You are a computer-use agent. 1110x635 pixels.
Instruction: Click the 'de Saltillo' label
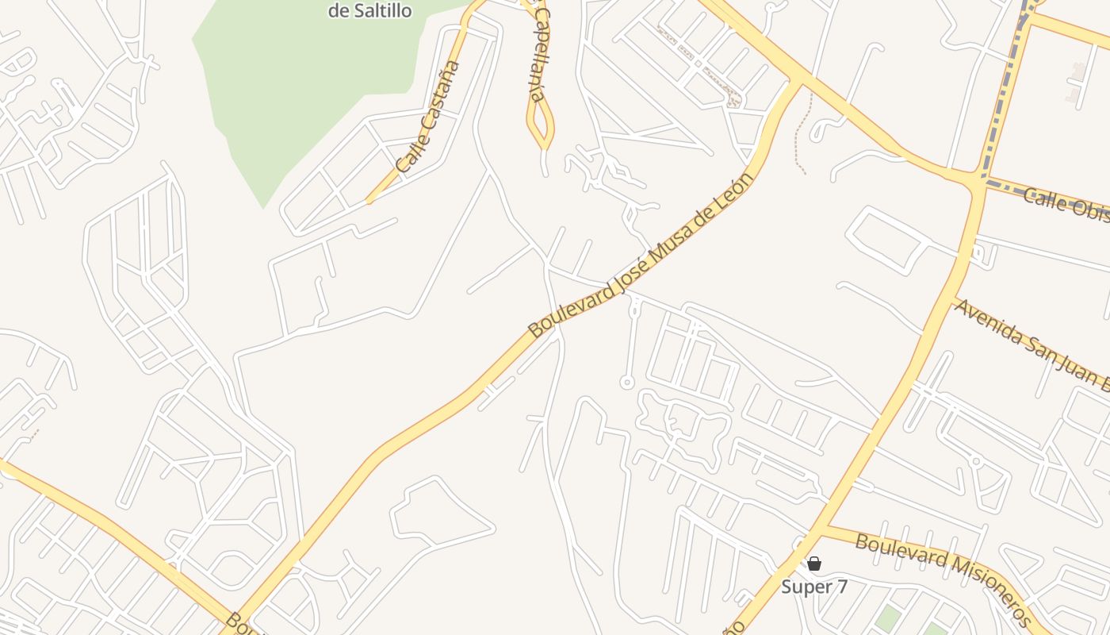(369, 11)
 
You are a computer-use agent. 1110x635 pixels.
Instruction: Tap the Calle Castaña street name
(428, 117)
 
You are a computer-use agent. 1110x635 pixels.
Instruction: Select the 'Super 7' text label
(814, 587)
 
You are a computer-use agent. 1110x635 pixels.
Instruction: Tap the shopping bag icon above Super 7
(813, 564)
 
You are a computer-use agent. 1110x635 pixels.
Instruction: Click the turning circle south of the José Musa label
(626, 383)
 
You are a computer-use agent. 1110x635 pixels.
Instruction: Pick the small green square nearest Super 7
(889, 618)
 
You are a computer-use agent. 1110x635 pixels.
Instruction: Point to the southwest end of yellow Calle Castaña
(369, 202)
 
